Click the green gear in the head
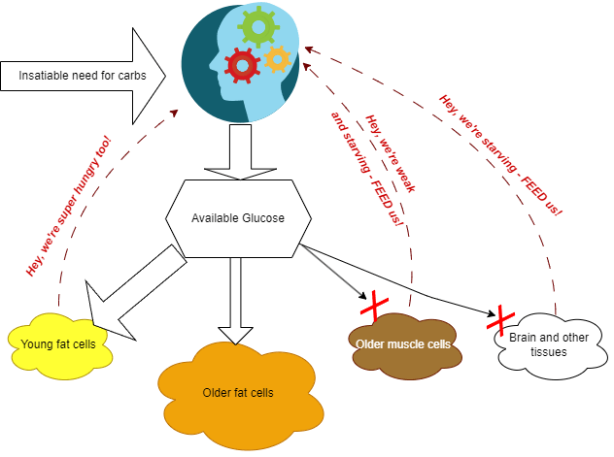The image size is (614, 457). [x=258, y=26]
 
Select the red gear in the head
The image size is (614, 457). [x=242, y=66]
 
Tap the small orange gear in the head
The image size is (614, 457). [x=277, y=59]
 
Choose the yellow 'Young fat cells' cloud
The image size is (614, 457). [x=56, y=341]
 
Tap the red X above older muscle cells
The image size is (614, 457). [x=375, y=306]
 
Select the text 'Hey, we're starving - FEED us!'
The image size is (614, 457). [x=500, y=154]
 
